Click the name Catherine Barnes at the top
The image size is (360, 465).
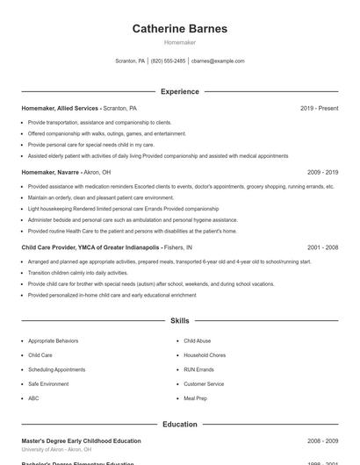tap(179, 28)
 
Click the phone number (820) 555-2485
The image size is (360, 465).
tap(168, 61)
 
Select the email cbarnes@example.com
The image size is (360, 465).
tap(218, 61)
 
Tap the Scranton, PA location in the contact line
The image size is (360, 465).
tap(130, 61)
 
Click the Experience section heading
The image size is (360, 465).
tap(179, 91)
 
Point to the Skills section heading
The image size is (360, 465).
tap(179, 322)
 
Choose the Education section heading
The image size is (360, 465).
tap(179, 425)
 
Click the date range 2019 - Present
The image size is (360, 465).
tap(319, 108)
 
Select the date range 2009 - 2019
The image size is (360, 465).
tap(322, 173)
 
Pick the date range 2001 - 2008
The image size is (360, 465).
tap(322, 247)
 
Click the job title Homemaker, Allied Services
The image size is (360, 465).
tap(60, 108)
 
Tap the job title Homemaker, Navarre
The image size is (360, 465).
tap(50, 173)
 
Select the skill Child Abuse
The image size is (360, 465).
tap(197, 340)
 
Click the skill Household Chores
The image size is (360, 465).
tap(205, 355)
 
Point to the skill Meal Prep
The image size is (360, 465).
tap(195, 398)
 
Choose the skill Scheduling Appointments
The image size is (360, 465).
tap(56, 369)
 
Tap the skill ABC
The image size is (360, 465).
tap(33, 398)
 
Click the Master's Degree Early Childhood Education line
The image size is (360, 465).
tap(81, 440)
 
